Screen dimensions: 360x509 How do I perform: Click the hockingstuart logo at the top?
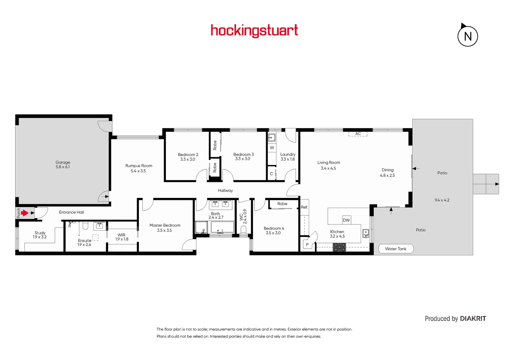click(254, 31)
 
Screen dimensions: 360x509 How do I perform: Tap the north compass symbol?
click(467, 36)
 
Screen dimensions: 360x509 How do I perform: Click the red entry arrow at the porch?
click(25, 213)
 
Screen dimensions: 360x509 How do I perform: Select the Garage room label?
click(63, 165)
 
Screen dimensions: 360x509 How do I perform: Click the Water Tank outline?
click(396, 249)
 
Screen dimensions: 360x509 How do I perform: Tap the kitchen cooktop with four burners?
click(339, 247)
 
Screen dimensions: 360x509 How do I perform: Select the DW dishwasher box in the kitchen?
click(346, 220)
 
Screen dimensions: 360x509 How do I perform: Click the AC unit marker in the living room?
click(358, 134)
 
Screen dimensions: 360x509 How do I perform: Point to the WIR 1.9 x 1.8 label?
click(122, 237)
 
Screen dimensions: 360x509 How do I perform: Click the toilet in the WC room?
click(243, 230)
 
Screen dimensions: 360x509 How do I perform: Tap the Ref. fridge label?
click(304, 207)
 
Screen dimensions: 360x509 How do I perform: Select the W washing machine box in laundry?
click(272, 148)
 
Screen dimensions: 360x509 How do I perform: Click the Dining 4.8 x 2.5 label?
click(387, 172)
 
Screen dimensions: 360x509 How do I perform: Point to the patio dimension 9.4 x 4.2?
click(442, 200)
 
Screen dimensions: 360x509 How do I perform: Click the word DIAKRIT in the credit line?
click(473, 319)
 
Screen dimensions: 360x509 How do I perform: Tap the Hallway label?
click(225, 191)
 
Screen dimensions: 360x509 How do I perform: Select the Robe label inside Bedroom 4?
click(282, 204)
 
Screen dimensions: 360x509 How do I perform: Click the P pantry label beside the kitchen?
click(307, 245)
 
